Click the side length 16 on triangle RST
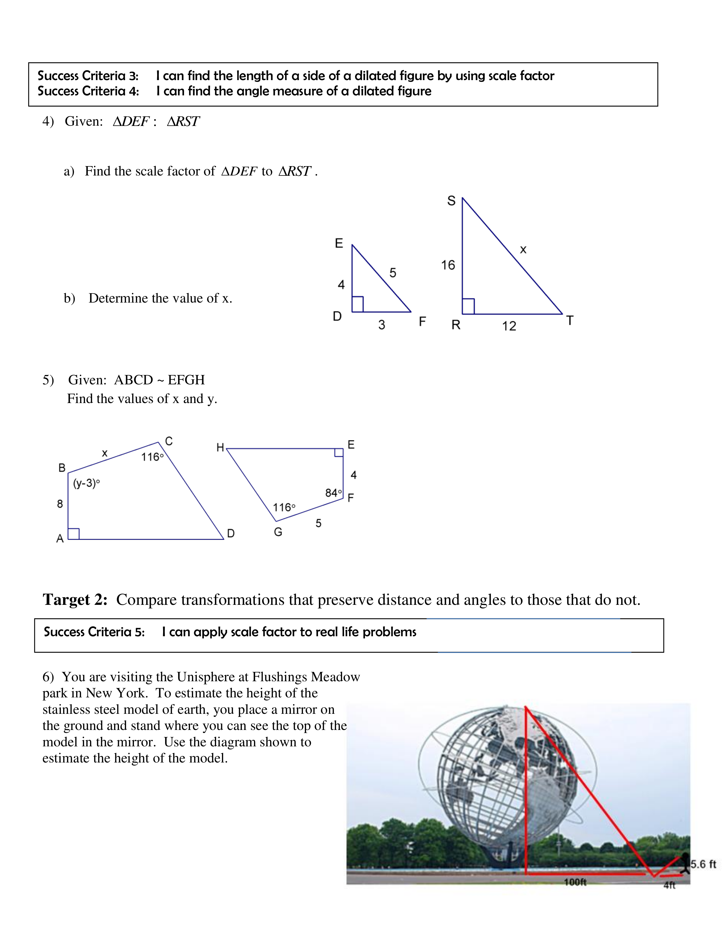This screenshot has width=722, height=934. coord(448,265)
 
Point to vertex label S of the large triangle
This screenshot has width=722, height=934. coord(451,201)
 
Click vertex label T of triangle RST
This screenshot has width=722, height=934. coord(570,320)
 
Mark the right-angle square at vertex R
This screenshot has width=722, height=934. coord(468,307)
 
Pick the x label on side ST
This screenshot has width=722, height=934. coord(523,250)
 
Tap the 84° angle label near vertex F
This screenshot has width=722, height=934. coord(334,493)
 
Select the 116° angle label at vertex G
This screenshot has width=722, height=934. coord(284,508)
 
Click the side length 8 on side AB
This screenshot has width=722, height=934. coord(60,504)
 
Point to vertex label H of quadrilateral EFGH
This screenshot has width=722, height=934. coord(220,448)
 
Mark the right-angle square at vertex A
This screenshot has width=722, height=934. coord(74,534)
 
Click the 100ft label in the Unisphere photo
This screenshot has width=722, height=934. coord(575,882)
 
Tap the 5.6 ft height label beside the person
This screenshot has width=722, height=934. coord(703,864)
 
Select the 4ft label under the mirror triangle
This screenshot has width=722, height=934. coord(669,885)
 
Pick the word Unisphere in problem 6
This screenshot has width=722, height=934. coord(213,677)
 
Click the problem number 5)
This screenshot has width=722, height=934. coord(48,380)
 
